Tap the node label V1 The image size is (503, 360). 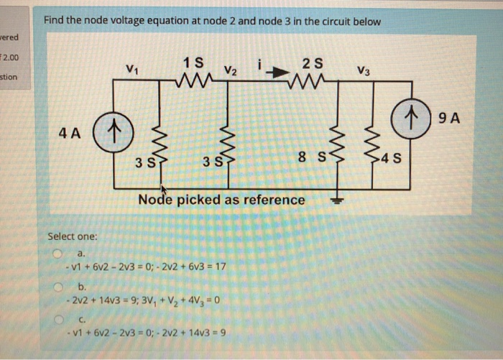pos(131,70)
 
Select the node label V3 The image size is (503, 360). pos(364,70)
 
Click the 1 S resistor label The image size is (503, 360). pos(193,60)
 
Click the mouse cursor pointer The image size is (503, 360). pos(164,189)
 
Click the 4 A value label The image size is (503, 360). pos(73,133)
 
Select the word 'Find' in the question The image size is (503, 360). pos(55,21)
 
